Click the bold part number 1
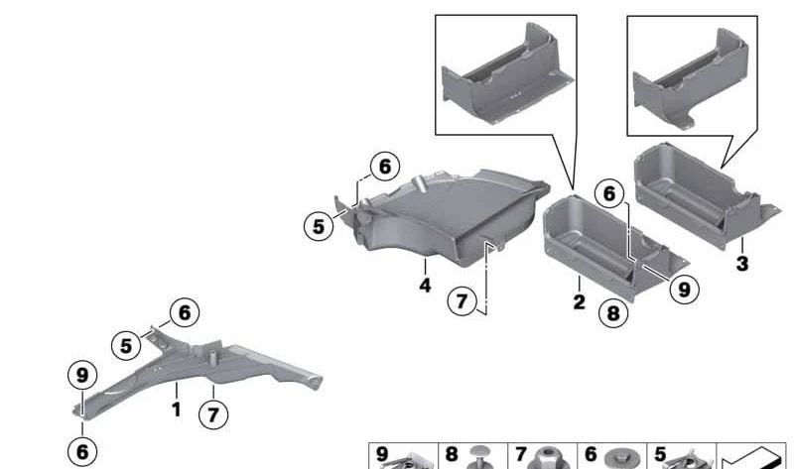coord(177,410)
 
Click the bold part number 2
coord(580,302)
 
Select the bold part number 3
coord(742,264)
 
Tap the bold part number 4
coord(426,286)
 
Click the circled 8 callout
coord(613,313)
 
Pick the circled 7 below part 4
coord(462,301)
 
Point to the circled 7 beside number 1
coord(213,414)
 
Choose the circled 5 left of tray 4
coord(319,226)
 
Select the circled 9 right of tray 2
coord(684,290)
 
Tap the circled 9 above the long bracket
coord(82,376)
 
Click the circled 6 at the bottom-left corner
coord(82,451)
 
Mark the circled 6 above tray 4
coord(385,166)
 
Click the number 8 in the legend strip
coord(452,454)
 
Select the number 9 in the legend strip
coord(382,454)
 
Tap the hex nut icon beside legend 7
coord(549,458)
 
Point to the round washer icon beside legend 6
coord(621,459)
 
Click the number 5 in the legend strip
coord(660,454)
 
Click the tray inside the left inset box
coord(508,73)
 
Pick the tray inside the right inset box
coord(691,79)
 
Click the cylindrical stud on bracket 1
coord(213,356)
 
